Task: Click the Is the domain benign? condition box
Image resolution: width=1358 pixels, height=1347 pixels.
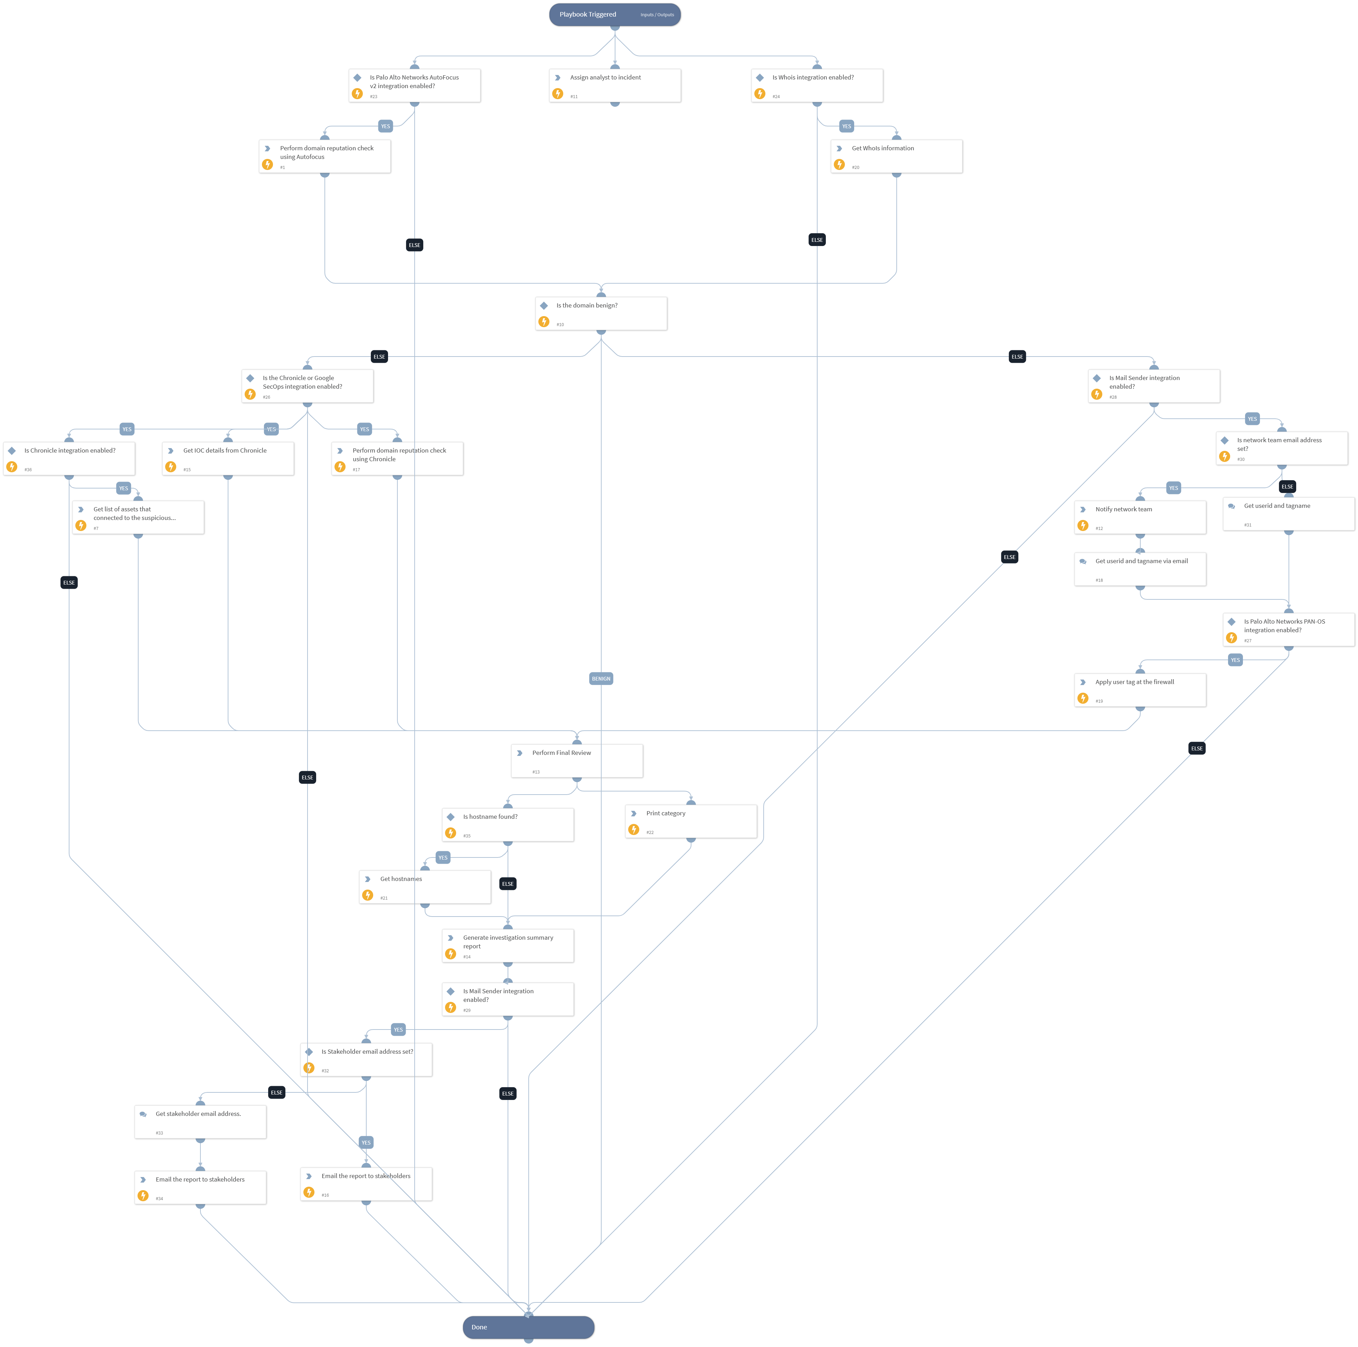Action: click(x=601, y=313)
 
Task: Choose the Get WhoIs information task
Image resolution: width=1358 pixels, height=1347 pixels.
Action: click(x=896, y=156)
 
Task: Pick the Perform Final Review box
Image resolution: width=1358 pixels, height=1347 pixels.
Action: click(x=576, y=760)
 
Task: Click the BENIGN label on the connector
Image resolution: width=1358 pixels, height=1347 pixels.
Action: click(x=601, y=679)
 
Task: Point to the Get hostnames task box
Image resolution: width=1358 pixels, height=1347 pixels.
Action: click(x=425, y=887)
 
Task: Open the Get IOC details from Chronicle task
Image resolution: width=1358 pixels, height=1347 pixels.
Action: click(x=228, y=458)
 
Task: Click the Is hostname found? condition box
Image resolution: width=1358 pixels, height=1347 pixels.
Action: click(x=508, y=824)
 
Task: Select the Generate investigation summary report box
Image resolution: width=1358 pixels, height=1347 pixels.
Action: click(x=508, y=946)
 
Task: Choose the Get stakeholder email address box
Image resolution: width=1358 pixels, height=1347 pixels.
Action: click(x=200, y=1121)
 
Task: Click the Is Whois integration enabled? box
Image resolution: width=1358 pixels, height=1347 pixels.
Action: click(x=817, y=85)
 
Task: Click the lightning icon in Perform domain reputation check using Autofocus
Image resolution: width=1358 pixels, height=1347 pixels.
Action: click(x=267, y=164)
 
